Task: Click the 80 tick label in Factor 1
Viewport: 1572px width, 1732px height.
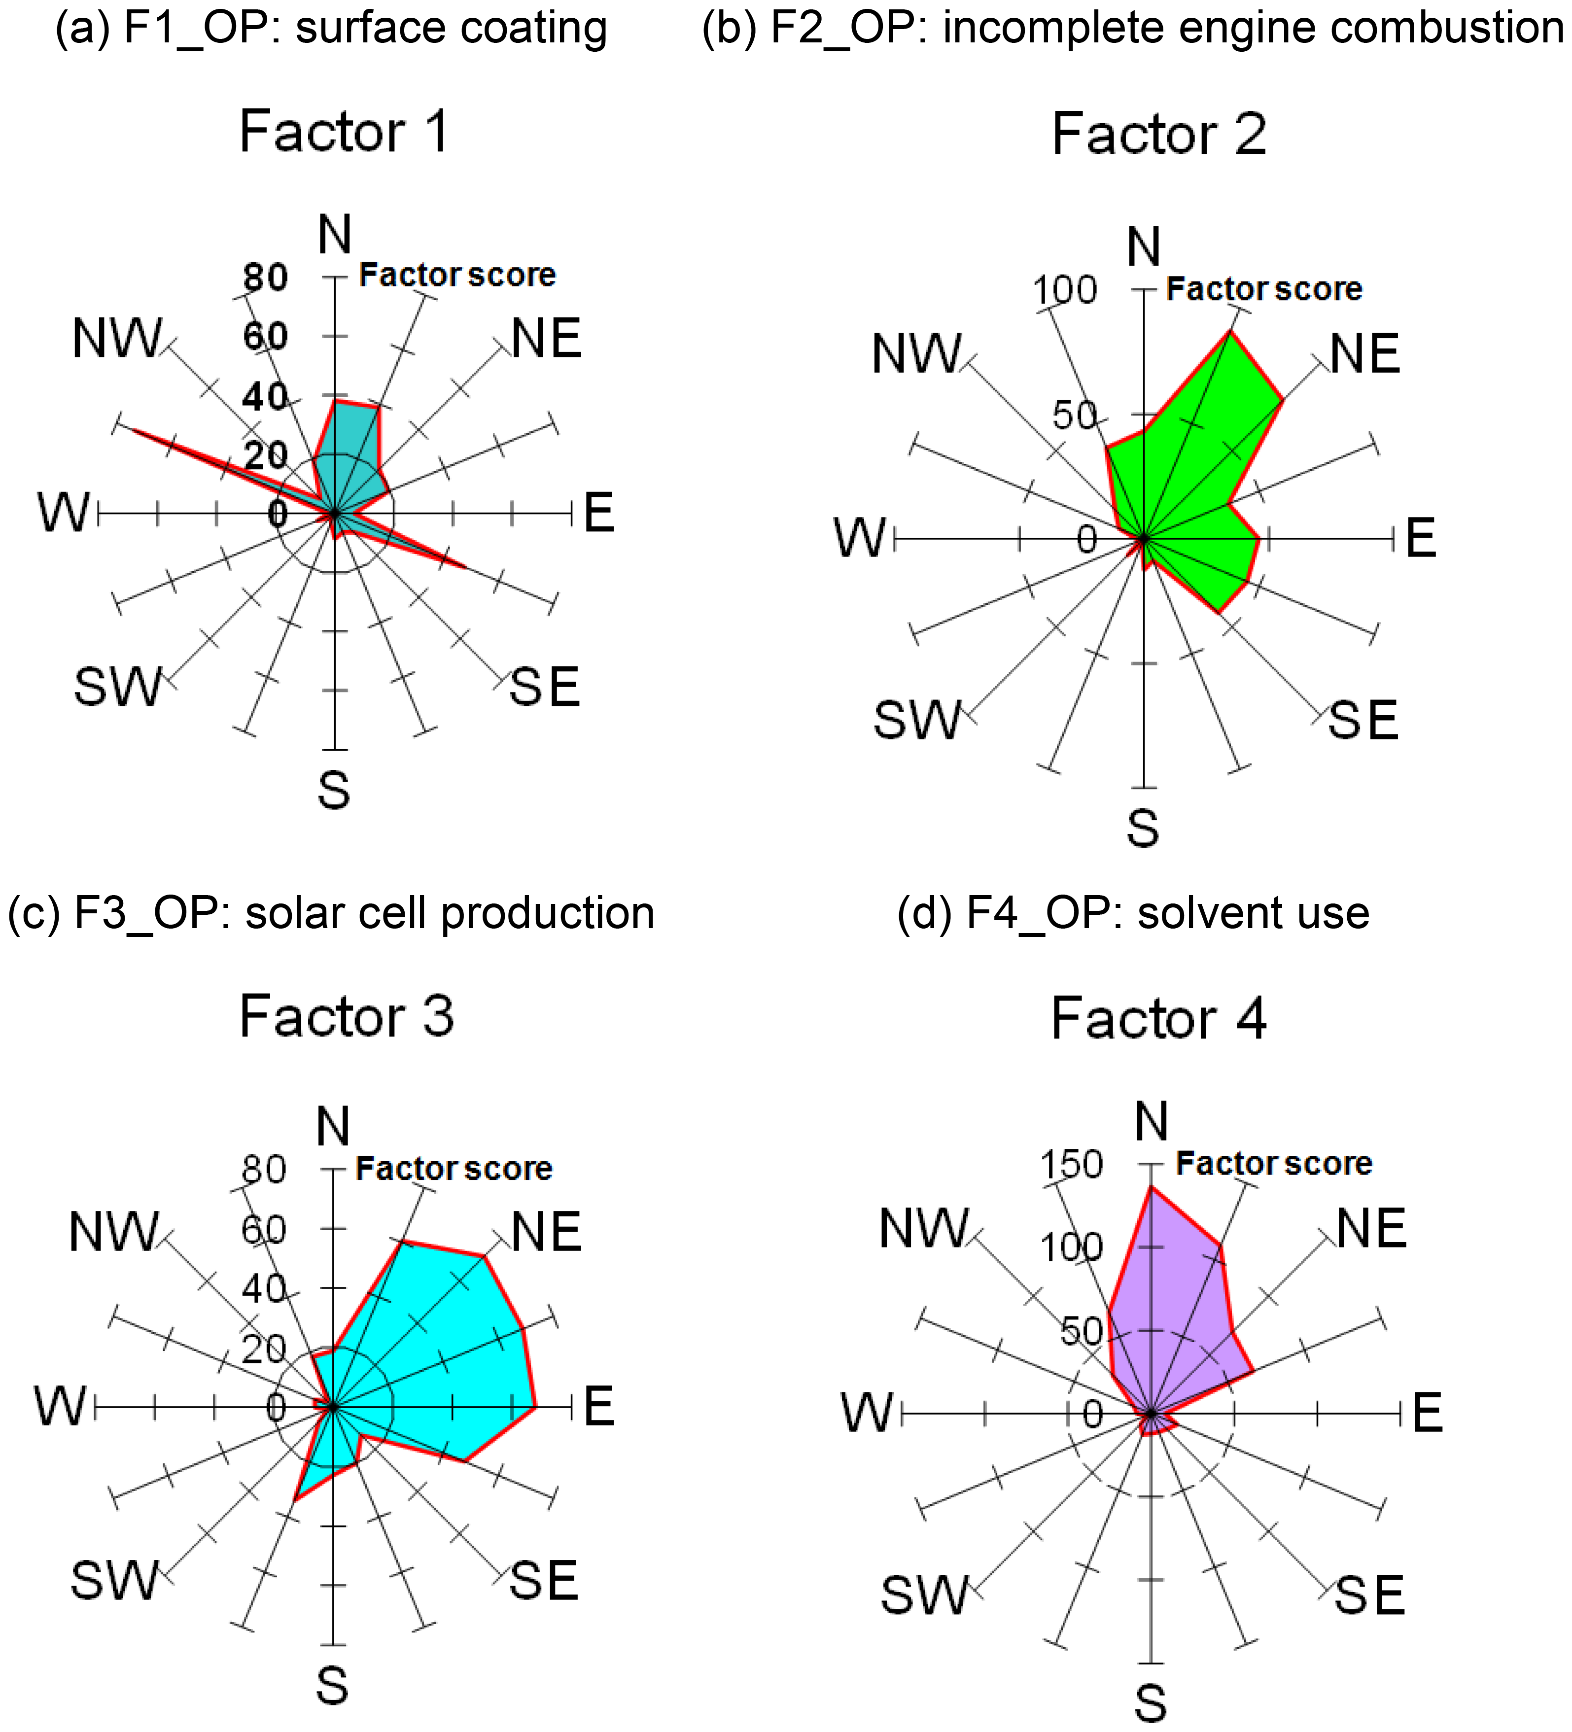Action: tap(265, 277)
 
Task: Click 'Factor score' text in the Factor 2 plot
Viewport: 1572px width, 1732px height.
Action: tap(1263, 289)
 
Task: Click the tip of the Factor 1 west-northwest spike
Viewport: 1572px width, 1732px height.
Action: tap(121, 427)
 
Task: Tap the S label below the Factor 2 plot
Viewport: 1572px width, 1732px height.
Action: tap(1143, 828)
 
